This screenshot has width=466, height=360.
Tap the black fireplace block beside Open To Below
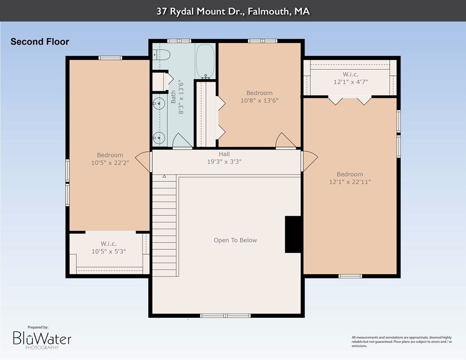point(293,234)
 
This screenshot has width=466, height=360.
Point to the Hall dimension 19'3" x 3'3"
point(224,162)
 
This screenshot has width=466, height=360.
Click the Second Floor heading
point(40,42)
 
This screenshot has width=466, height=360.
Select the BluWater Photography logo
point(42,338)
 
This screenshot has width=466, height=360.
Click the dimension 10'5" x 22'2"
point(110,163)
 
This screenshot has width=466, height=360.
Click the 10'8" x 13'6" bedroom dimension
point(259,100)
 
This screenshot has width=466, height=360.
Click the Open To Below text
point(235,240)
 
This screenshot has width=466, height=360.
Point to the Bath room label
point(173,97)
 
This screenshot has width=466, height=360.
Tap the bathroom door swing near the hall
point(182,141)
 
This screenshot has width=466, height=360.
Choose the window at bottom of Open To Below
point(225,315)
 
